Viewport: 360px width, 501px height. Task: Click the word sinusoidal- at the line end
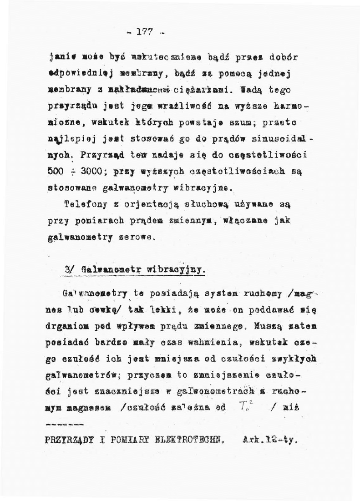(277, 136)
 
